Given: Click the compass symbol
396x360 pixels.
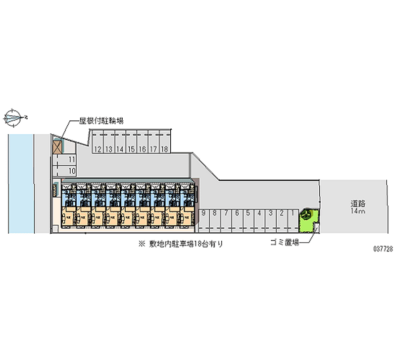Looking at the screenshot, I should [x=14, y=117].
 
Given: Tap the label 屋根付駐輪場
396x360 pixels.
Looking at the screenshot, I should [x=101, y=120].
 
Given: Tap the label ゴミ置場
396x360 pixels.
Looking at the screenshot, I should [x=285, y=243].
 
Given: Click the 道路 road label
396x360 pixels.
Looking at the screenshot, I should [x=358, y=203].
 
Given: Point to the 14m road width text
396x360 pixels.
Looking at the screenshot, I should [x=358, y=211].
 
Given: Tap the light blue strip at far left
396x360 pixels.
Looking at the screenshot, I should [x=20, y=183].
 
